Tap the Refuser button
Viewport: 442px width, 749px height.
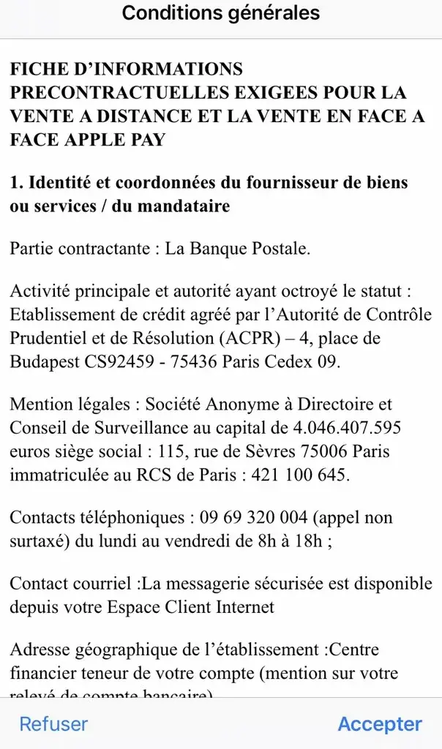coord(53,724)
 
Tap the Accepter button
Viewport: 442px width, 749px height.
coord(380,724)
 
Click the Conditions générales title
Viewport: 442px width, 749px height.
coord(221,13)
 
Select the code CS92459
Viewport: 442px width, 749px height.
coord(135,362)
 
